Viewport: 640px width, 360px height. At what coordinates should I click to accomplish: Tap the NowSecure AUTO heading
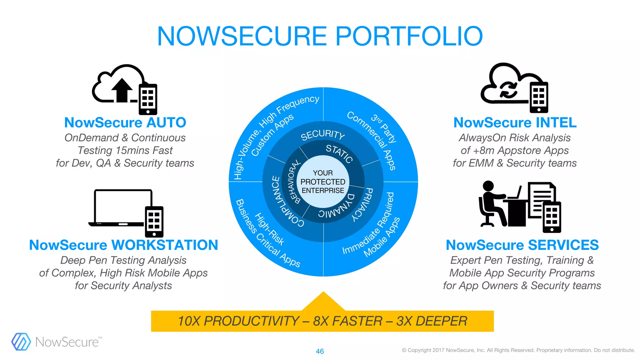(125, 122)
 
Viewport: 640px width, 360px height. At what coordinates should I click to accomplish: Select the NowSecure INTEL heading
(515, 122)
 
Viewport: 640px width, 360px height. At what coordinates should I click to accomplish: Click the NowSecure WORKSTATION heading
(123, 245)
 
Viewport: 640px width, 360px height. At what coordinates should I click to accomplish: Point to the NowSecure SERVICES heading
(522, 245)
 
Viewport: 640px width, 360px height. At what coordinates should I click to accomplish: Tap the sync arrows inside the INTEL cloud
(508, 90)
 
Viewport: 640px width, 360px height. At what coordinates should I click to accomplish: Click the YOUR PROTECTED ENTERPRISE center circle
(323, 182)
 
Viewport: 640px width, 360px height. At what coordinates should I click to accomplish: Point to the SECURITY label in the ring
(322, 134)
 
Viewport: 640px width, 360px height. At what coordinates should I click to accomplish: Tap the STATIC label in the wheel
(339, 153)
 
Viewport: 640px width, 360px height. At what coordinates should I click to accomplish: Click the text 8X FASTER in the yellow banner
(347, 321)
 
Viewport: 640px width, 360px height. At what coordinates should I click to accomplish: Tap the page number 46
(320, 351)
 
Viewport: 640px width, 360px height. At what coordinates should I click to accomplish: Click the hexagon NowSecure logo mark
(21, 342)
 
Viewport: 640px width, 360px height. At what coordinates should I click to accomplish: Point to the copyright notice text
(518, 350)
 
